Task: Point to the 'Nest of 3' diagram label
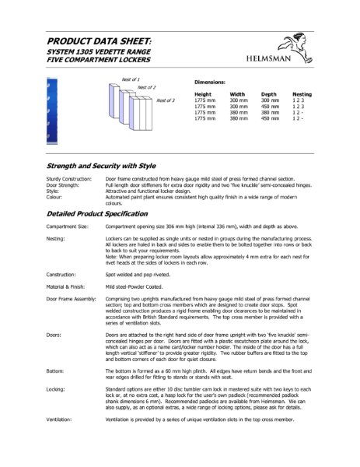pos(166,100)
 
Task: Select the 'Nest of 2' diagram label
pos(147,87)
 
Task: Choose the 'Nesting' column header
pos(302,94)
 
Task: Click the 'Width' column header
pos(237,94)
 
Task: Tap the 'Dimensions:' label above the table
pos(210,81)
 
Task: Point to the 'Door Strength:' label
pos(65,184)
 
